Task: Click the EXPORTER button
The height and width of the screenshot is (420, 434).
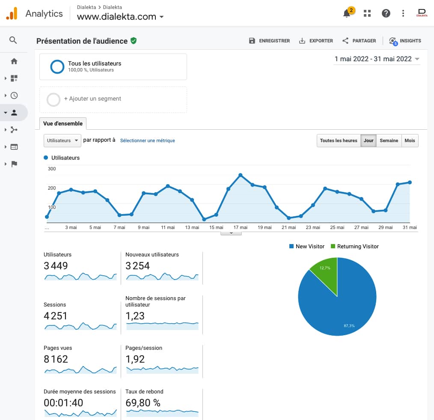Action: click(x=316, y=41)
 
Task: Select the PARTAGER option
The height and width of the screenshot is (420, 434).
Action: click(x=359, y=41)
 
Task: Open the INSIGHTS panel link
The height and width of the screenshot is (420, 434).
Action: click(x=405, y=41)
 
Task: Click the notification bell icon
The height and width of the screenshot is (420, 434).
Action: click(x=347, y=13)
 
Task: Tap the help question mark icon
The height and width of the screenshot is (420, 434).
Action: click(x=386, y=13)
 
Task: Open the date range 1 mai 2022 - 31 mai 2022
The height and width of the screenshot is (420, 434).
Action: click(x=377, y=59)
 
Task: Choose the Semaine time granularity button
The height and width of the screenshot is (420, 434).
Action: click(x=389, y=140)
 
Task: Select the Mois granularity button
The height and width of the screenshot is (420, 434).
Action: click(x=410, y=140)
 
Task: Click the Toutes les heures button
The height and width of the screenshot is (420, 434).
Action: click(x=338, y=140)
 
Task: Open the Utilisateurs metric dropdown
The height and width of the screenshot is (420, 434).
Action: click(x=62, y=140)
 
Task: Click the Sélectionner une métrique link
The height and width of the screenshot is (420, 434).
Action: click(x=147, y=140)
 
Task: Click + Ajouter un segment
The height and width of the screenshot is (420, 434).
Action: click(x=92, y=98)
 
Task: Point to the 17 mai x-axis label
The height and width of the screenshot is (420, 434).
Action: click(x=240, y=227)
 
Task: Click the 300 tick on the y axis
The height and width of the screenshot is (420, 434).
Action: click(x=52, y=169)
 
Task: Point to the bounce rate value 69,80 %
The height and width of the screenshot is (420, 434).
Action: click(x=143, y=403)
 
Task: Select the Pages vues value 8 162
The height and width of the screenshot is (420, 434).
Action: click(x=56, y=359)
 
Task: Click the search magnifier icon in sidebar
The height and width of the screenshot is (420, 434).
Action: click(x=13, y=40)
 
